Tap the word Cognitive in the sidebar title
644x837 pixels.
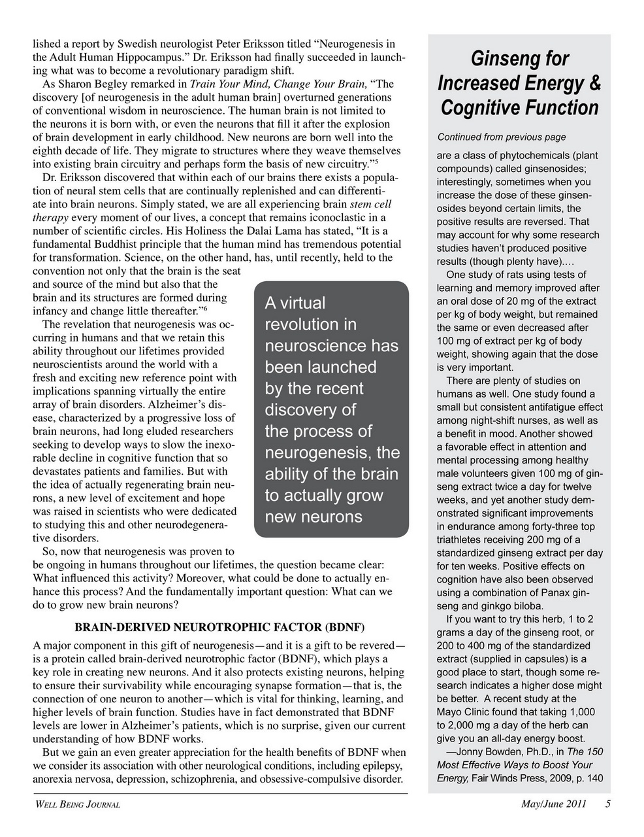pyautogui.click(x=477, y=107)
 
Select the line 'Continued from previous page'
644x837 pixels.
pyautogui.click(x=501, y=137)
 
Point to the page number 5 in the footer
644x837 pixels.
pyautogui.click(x=607, y=804)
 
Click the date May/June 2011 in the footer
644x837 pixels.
pyautogui.click(x=553, y=804)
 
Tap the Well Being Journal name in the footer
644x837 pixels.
pyautogui.click(x=76, y=805)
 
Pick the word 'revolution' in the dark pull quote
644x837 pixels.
pyautogui.click(x=310, y=324)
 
